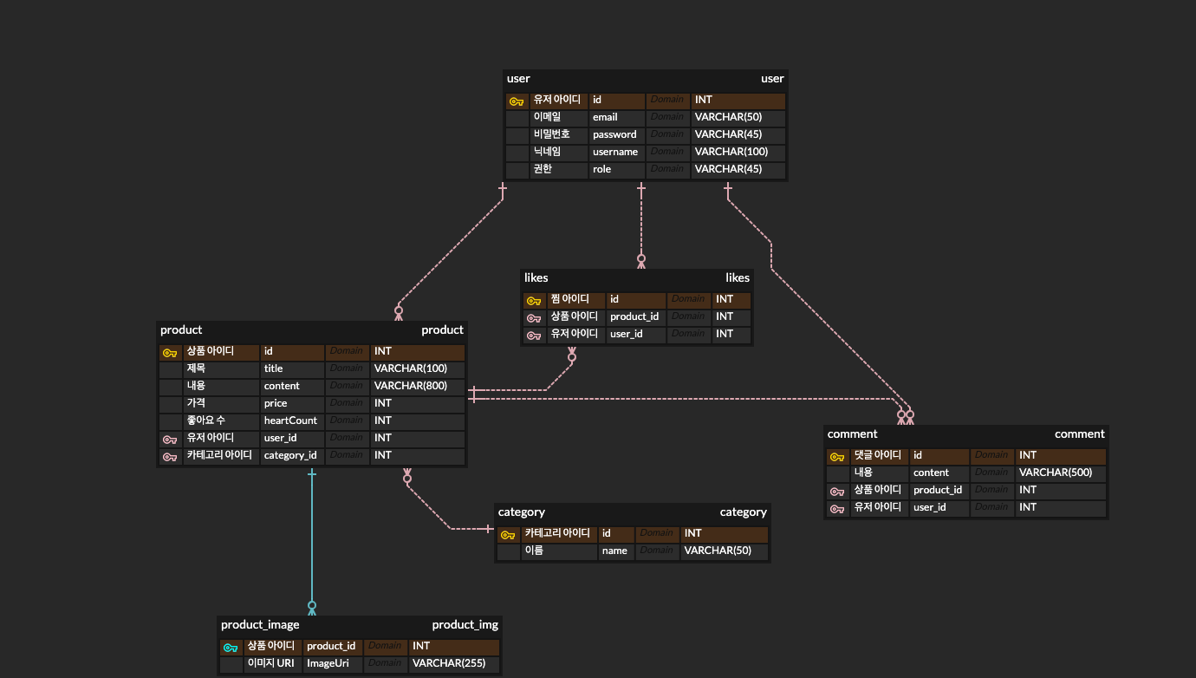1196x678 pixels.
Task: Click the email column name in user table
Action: point(605,117)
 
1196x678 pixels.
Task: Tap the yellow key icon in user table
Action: point(516,101)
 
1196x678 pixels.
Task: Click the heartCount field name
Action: point(290,420)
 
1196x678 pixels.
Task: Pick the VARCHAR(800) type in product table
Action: point(410,386)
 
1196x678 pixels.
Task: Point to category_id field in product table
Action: point(290,455)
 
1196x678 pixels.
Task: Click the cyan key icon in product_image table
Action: point(230,647)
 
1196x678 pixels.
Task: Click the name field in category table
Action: point(614,551)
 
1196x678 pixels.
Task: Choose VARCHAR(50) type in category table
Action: point(718,551)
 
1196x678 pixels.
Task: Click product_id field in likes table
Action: point(634,316)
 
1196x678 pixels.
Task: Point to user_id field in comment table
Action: point(929,507)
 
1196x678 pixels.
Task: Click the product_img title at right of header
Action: point(465,624)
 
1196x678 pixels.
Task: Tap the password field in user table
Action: point(614,134)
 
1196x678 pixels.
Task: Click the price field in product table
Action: point(276,403)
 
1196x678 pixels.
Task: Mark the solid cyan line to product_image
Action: point(312,538)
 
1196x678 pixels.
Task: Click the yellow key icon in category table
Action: point(508,534)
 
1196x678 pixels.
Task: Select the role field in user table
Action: point(601,169)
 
